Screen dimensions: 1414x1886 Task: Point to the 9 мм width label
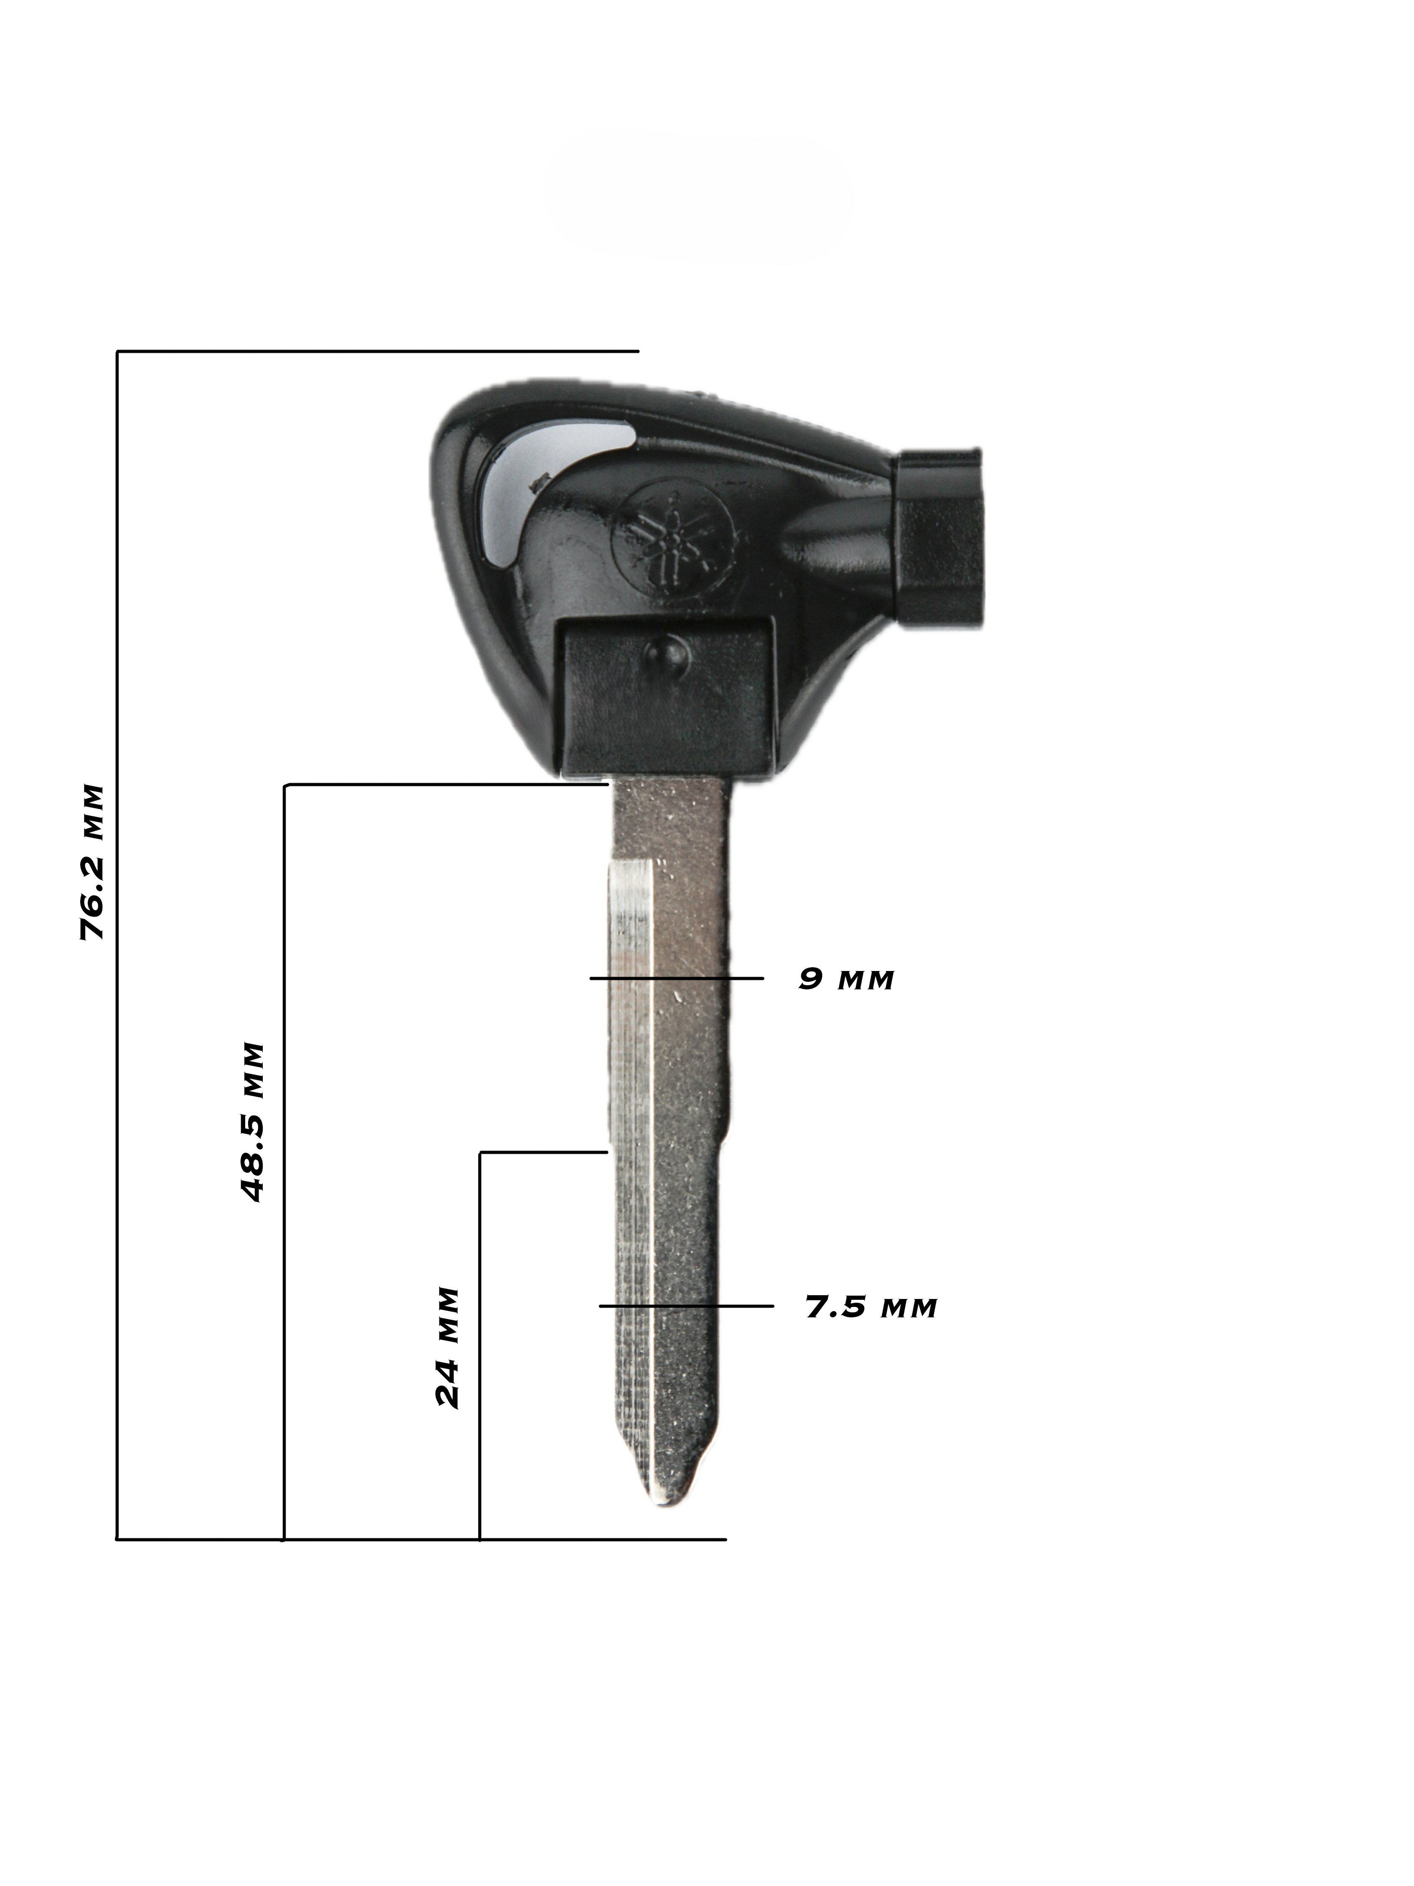point(845,979)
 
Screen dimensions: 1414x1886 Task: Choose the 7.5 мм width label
point(871,1306)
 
